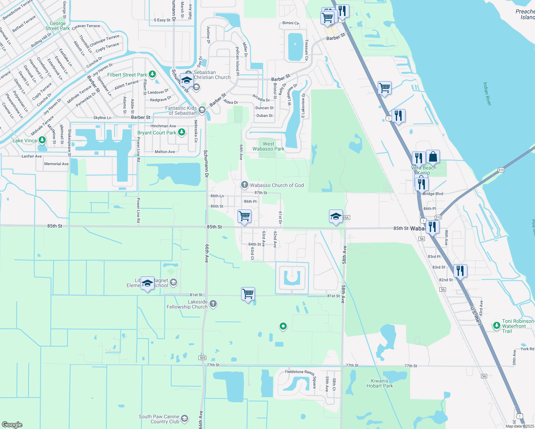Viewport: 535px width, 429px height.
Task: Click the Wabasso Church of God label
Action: (276, 185)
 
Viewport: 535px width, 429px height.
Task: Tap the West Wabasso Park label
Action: (268, 146)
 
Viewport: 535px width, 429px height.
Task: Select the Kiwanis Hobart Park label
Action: (379, 383)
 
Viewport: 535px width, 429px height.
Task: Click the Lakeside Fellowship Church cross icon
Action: (213, 304)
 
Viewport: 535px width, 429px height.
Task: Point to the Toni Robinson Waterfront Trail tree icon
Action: (496, 325)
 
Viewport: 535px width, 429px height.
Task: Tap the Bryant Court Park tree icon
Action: (182, 133)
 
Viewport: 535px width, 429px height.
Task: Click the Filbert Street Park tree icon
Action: (152, 74)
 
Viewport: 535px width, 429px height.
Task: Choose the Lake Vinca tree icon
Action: (42, 140)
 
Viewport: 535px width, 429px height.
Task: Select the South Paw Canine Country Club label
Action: (159, 419)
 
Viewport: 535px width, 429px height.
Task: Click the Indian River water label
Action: (487, 94)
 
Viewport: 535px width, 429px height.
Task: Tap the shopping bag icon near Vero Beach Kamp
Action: (433, 157)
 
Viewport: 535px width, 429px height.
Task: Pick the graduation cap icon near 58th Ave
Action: (336, 216)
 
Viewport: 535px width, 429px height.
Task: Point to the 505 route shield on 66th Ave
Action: (202, 358)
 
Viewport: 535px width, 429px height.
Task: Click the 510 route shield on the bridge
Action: (501, 170)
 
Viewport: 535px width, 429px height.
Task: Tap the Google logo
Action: (12, 425)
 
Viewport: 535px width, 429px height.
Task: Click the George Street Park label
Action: (58, 26)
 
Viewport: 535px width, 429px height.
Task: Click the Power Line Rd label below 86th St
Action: (138, 210)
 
